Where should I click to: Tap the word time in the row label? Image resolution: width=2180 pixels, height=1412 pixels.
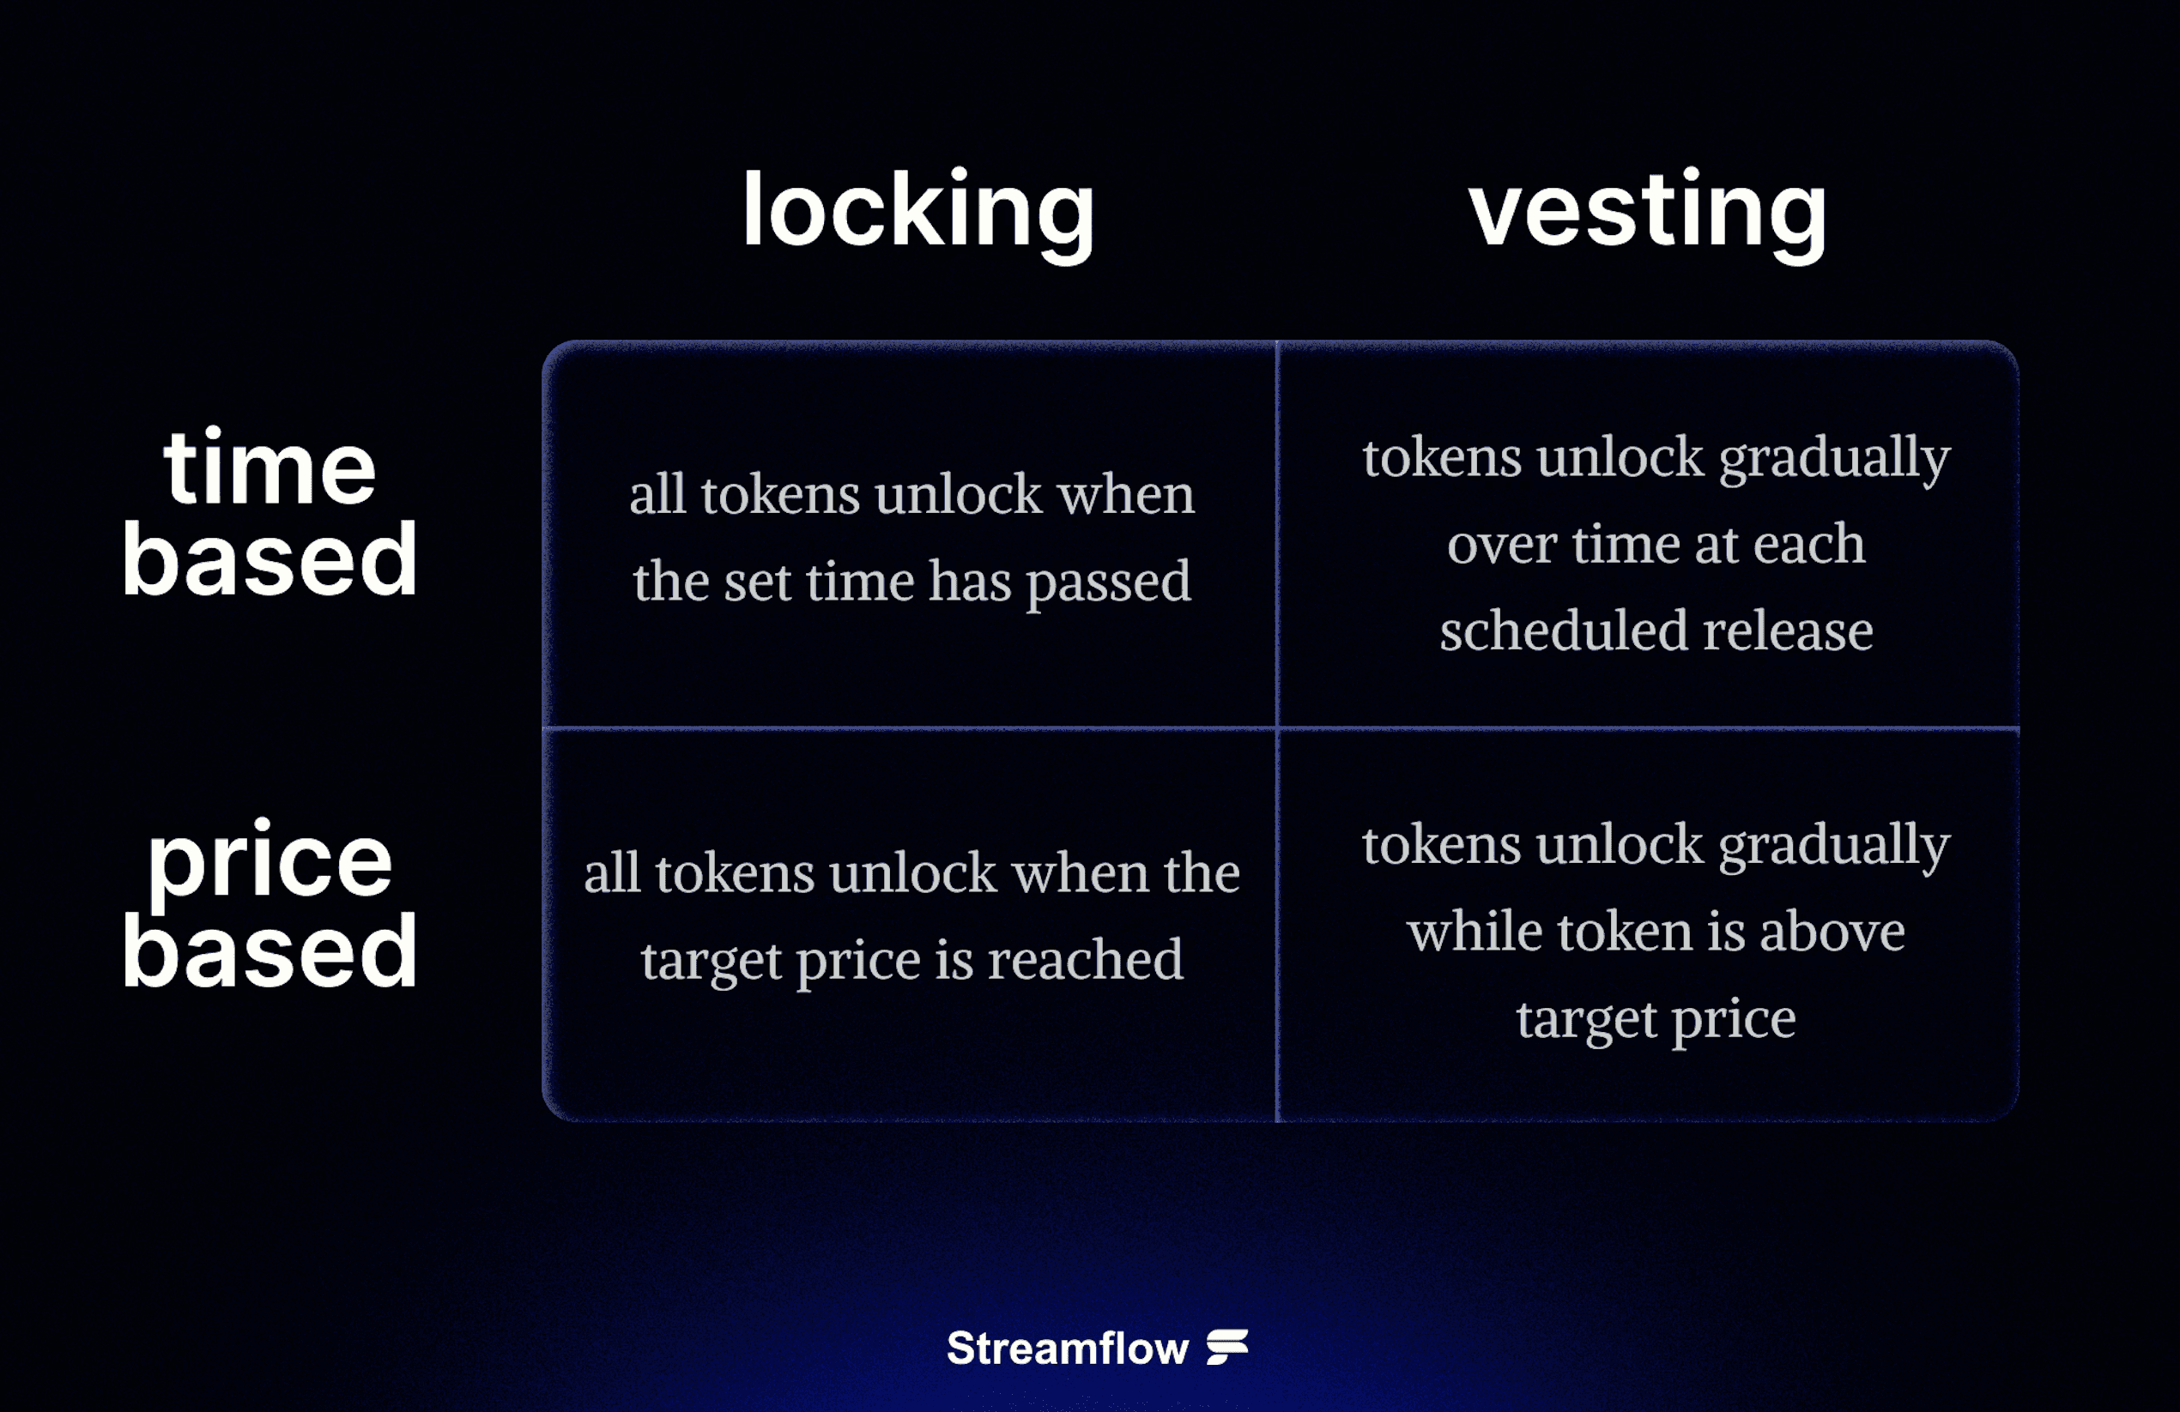[x=269, y=469]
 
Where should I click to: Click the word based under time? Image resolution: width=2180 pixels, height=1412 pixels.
[x=269, y=558]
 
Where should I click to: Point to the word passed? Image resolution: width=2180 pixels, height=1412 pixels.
[x=1108, y=582]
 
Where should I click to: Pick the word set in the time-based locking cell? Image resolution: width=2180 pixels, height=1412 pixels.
[x=758, y=582]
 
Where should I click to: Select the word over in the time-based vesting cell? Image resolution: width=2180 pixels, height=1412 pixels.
[x=1501, y=545]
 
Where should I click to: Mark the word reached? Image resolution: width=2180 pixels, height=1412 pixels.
[x=1086, y=960]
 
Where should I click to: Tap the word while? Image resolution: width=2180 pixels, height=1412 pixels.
[x=1475, y=932]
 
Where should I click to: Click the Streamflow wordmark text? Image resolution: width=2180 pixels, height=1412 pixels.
[x=1067, y=1349]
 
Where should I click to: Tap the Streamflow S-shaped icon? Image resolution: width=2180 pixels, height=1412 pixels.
[x=1227, y=1347]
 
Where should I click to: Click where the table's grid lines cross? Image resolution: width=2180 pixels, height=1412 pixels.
[x=1277, y=729]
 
